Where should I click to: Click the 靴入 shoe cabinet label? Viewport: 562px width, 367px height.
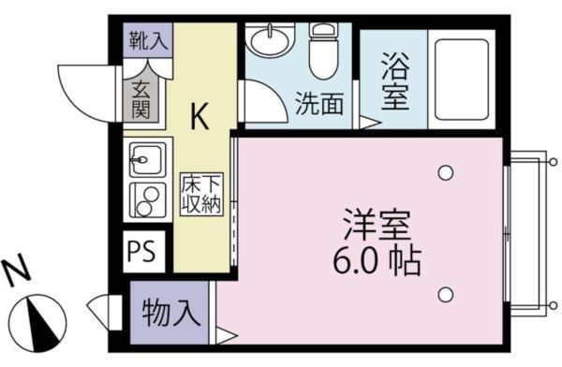[x=147, y=40]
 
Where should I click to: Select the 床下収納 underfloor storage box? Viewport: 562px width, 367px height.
[x=201, y=194]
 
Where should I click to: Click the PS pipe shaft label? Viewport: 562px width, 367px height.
[x=143, y=252]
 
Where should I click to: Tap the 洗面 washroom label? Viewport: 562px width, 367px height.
[x=318, y=102]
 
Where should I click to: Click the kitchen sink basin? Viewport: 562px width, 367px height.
[x=146, y=160]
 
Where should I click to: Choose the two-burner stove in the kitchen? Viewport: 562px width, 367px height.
[x=146, y=199]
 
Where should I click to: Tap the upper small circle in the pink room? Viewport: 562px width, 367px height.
[x=446, y=172]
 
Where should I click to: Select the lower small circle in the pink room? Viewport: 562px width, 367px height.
[x=446, y=295]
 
